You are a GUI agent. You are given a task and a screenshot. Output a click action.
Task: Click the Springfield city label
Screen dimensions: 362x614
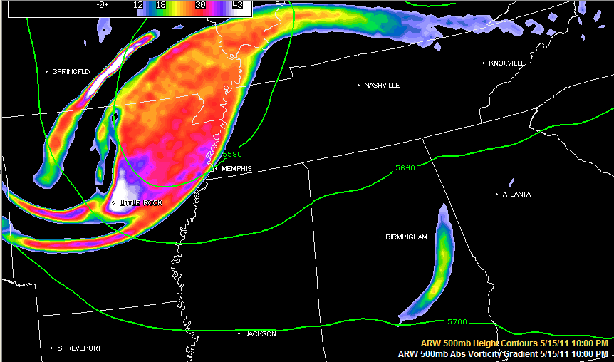click(x=71, y=72)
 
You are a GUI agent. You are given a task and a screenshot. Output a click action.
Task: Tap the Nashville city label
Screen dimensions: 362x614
click(x=381, y=86)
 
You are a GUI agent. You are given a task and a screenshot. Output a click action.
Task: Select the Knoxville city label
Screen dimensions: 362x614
click(x=506, y=63)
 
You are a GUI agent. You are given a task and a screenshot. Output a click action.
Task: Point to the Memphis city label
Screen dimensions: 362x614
click(x=236, y=169)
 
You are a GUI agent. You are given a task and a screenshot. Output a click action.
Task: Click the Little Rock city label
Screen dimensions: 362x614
click(x=140, y=203)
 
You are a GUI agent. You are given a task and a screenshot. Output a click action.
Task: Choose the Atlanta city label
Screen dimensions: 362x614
click(x=516, y=195)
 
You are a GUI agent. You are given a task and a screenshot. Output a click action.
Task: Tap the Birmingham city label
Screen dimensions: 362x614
click(x=406, y=237)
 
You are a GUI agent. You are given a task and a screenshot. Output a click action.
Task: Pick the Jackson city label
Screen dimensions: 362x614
click(x=260, y=333)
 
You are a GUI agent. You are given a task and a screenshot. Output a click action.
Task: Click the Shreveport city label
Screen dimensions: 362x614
click(x=79, y=348)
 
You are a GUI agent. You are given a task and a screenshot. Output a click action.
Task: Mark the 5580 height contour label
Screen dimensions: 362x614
click(x=232, y=154)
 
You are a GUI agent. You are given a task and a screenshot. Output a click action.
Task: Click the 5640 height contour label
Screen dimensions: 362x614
click(x=405, y=168)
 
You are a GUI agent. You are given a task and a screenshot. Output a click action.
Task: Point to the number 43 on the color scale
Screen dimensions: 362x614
click(x=238, y=5)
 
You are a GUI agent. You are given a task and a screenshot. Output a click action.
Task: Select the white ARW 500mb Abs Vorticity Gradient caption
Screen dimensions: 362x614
click(x=503, y=353)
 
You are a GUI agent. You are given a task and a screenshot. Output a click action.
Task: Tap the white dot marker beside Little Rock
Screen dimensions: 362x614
click(x=114, y=203)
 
